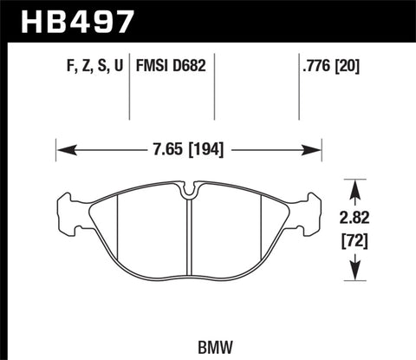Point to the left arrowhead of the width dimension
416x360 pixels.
point(62,148)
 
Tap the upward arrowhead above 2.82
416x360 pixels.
point(354,185)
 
